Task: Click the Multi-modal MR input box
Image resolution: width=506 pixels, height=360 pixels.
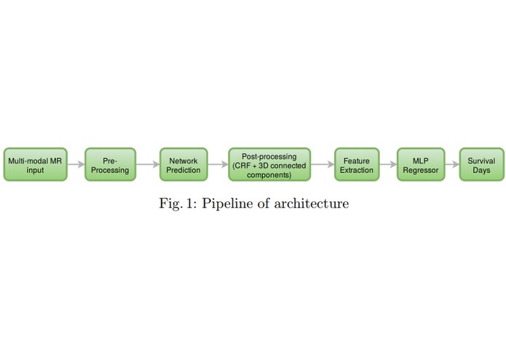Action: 35,165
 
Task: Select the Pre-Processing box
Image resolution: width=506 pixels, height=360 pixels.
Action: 111,165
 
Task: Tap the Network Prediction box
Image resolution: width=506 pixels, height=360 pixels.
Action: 183,165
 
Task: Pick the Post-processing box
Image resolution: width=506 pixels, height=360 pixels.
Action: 269,165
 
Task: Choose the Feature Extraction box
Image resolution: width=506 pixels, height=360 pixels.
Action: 357,165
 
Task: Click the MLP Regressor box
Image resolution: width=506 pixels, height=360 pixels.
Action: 421,165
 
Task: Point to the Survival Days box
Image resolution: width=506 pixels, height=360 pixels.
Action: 481,165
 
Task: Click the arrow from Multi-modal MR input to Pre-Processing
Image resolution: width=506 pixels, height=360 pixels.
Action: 76,165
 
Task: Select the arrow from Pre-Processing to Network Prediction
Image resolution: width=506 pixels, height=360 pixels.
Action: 148,165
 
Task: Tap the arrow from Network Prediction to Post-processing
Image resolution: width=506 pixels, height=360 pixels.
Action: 218,165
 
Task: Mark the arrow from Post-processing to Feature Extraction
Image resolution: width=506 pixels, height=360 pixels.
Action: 322,165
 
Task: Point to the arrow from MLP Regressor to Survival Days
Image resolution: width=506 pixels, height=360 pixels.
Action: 452,165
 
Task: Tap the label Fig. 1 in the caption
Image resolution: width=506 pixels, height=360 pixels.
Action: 177,203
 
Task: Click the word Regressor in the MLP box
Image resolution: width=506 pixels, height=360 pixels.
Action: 421,171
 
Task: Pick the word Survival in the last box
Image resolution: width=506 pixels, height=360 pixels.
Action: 481,161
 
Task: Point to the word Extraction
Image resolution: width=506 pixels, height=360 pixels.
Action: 357,171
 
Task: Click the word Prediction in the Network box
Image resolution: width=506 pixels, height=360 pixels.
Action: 183,171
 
